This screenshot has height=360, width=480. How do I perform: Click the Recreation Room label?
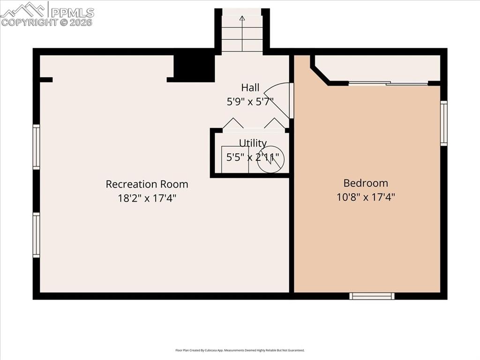click(x=147, y=184)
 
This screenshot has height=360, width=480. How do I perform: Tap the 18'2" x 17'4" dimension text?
click(x=147, y=198)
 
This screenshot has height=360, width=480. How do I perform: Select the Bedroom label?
click(x=366, y=183)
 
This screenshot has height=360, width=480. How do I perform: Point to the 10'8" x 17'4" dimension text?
click(x=366, y=197)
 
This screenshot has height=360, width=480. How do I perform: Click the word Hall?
click(x=250, y=88)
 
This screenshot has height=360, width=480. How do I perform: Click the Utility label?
click(x=253, y=143)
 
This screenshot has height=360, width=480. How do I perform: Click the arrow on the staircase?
click(x=242, y=19)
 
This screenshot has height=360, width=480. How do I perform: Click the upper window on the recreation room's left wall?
click(x=36, y=147)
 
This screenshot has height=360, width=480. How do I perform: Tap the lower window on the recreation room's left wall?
click(x=36, y=235)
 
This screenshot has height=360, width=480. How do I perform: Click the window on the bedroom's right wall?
click(x=443, y=123)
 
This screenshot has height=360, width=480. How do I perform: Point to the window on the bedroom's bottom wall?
click(x=373, y=296)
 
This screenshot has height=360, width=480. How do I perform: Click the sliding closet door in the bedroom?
click(x=388, y=84)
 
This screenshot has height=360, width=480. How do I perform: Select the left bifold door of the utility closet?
click(x=232, y=123)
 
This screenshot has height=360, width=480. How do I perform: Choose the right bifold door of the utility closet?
click(x=274, y=123)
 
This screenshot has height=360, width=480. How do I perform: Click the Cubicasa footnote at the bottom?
click(x=240, y=350)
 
